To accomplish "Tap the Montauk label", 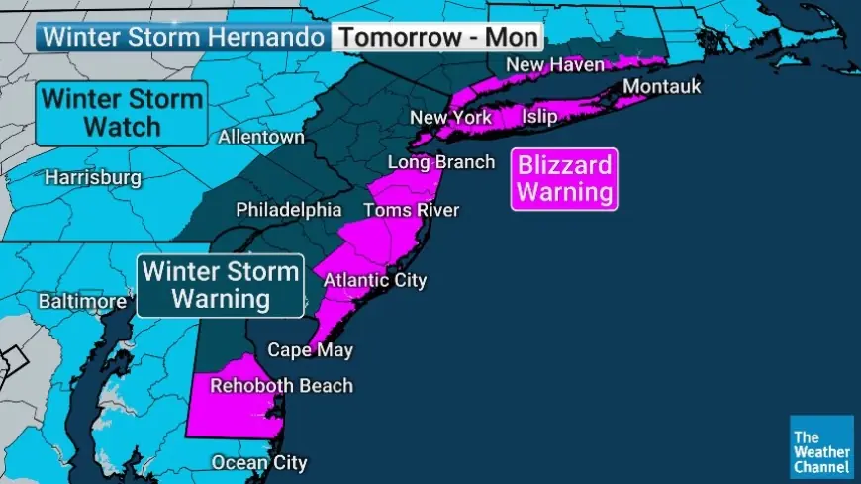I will pos(662,87).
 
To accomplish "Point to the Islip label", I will pos(538,118).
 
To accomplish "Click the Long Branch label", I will pos(440,162).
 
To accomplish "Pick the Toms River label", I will pos(411,210).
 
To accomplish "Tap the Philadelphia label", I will pos(288,210).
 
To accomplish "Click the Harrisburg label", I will pos(93,179).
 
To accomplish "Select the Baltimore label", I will pos(82,301).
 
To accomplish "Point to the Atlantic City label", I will pos(375,280).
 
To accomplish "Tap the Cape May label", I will pos(310,350).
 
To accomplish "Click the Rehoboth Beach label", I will pos(280,386).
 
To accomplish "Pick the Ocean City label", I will pos(259,462).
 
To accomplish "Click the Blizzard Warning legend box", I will pos(564,179).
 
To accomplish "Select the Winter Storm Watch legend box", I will pos(122,114).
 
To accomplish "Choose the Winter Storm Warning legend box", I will pos(220,285).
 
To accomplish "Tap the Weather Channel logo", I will pos(821,448).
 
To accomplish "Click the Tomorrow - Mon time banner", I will pos(437,38).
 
